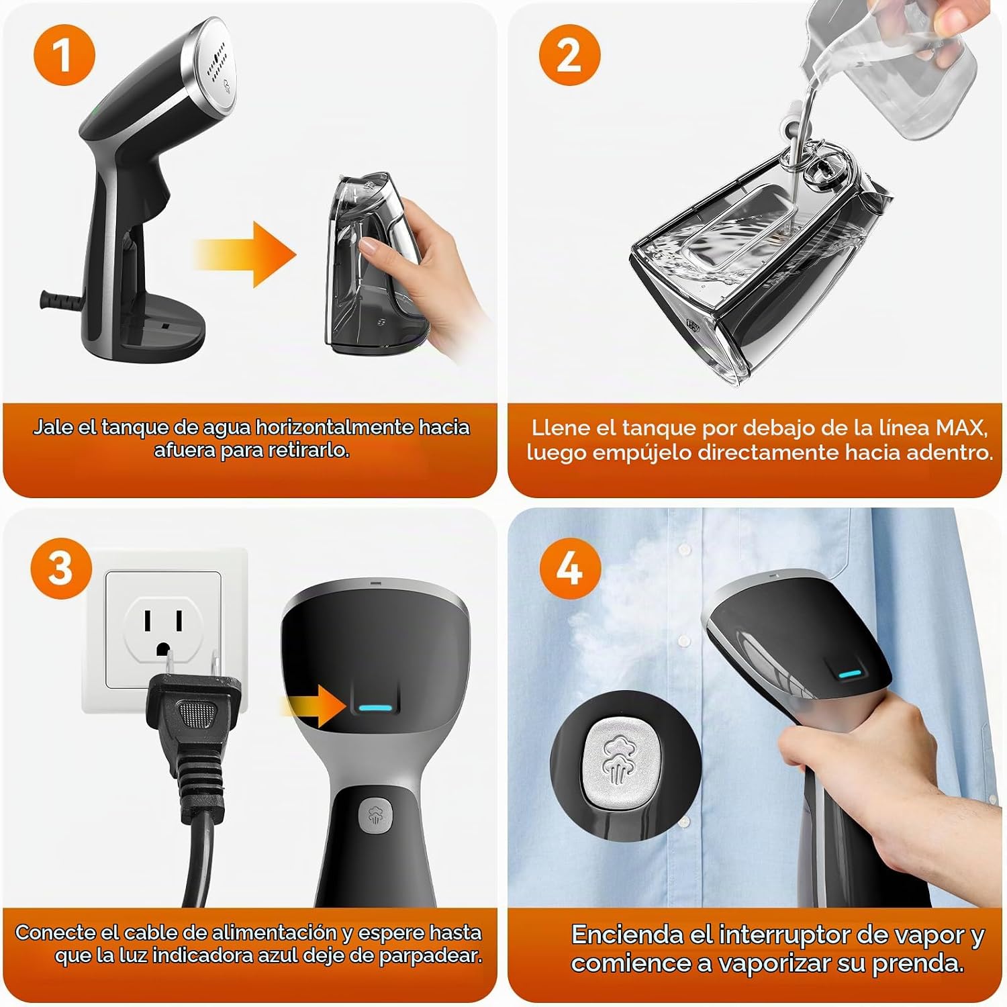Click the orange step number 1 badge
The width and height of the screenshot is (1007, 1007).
64,54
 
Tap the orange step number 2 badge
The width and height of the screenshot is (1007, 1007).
569,54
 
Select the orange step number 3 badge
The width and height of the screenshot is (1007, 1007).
60,568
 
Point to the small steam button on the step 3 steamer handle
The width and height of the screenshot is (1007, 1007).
373,815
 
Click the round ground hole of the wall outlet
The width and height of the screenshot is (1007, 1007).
162,649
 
